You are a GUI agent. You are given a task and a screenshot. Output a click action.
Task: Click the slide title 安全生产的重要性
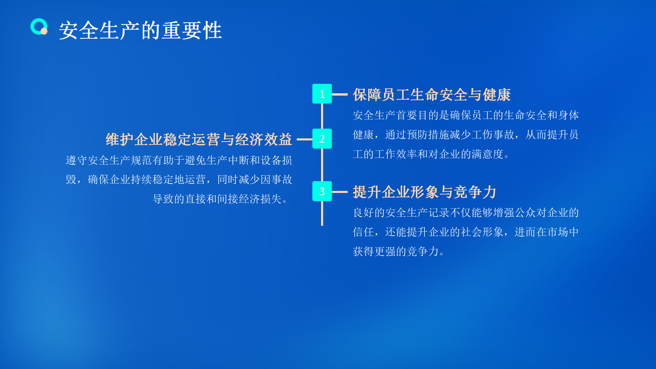(x=140, y=30)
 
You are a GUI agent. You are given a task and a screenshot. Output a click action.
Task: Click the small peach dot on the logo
(x=44, y=31)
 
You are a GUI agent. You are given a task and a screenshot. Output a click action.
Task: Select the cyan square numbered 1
(x=322, y=94)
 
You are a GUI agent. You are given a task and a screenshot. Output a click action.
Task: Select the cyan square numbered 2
(x=322, y=139)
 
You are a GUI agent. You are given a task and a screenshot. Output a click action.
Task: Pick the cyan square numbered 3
(x=322, y=191)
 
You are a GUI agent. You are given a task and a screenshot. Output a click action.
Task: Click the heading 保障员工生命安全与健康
(x=432, y=95)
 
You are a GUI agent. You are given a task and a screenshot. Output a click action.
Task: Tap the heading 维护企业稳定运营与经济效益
(x=199, y=139)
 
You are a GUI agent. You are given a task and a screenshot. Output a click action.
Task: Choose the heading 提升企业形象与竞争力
(x=425, y=192)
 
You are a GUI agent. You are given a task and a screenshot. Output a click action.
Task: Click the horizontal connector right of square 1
(x=340, y=94)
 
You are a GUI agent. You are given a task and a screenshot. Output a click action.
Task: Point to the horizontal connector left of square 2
(x=304, y=139)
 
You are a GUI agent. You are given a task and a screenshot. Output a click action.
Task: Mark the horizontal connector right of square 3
(x=340, y=192)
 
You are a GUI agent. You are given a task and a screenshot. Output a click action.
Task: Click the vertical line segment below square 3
(x=322, y=213)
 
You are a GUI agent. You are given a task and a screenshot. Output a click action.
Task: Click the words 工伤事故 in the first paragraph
(x=493, y=135)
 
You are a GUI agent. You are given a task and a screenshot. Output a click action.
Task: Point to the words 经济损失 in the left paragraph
(x=260, y=199)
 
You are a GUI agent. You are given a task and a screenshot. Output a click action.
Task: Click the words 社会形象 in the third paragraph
(x=482, y=232)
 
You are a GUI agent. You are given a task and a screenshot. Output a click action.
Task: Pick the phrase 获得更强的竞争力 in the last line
(x=396, y=251)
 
